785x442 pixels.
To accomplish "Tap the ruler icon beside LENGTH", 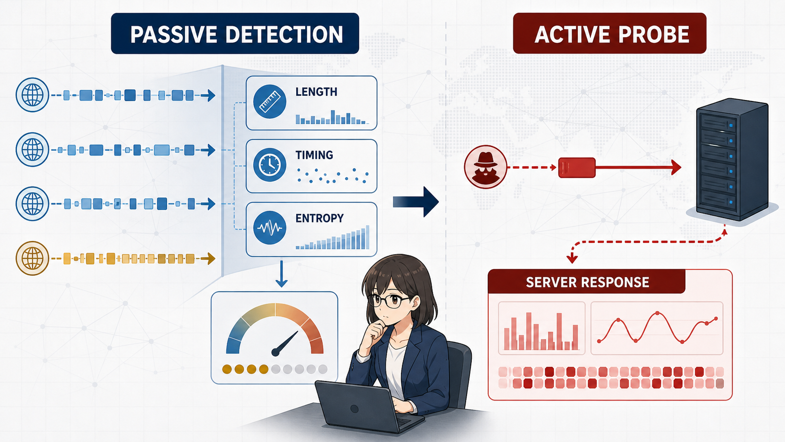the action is pyautogui.click(x=269, y=101).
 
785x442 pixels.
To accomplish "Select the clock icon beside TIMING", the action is pyautogui.click(x=269, y=164).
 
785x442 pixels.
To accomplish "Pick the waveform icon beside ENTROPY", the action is pyautogui.click(x=269, y=227).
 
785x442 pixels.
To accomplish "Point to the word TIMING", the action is pyautogui.click(x=314, y=155).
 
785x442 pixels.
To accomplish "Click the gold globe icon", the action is pyautogui.click(x=32, y=258).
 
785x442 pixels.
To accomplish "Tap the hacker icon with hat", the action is pyautogui.click(x=485, y=167).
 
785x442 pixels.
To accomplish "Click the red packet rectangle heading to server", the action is pyautogui.click(x=577, y=168).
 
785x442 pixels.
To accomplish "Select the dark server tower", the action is pyautogui.click(x=732, y=160).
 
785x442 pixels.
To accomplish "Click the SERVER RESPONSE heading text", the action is pyautogui.click(x=587, y=282).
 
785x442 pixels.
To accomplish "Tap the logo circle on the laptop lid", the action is pyautogui.click(x=354, y=409).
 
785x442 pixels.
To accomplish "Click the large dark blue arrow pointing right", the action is pyautogui.click(x=416, y=202).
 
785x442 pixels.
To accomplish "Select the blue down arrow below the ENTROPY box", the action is pyautogui.click(x=281, y=274).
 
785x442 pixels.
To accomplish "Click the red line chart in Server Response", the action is pyautogui.click(x=657, y=328).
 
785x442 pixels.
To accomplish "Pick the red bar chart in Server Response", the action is pyautogui.click(x=541, y=331).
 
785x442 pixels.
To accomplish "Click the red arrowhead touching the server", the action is pyautogui.click(x=676, y=168).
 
